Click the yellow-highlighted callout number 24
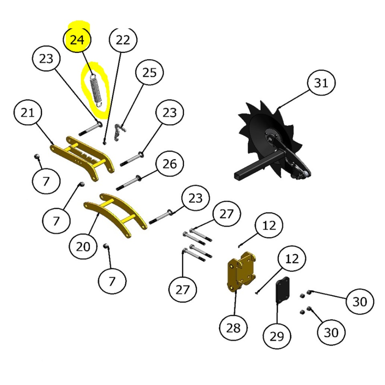[77, 40]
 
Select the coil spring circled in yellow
[96, 91]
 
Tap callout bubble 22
[123, 39]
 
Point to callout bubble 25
[150, 73]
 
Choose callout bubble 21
[28, 113]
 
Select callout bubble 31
[321, 83]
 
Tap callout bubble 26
[170, 164]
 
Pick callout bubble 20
[83, 246]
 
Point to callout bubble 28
[233, 327]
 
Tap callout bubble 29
[277, 336]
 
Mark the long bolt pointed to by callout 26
[128, 182]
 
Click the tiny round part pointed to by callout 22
[105, 142]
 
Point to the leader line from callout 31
[294, 99]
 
